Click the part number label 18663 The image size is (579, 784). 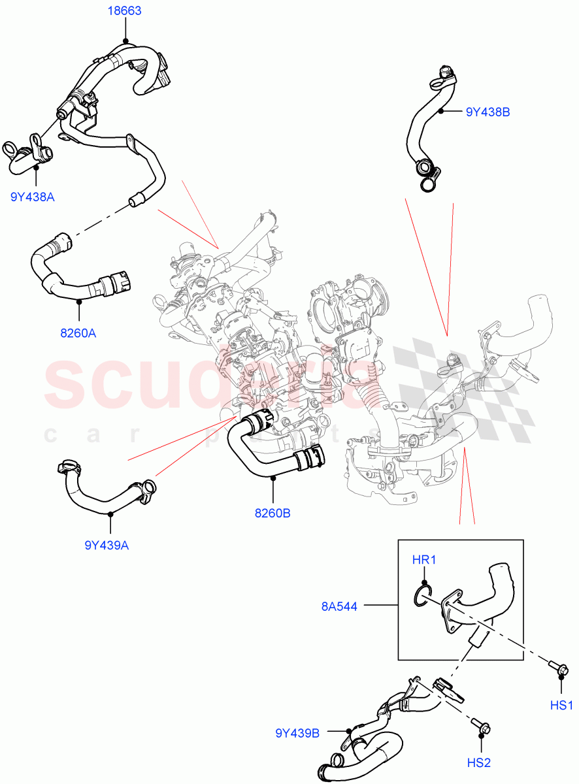coord(124,11)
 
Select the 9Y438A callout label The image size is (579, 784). coord(32,195)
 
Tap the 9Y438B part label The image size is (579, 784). coord(488,112)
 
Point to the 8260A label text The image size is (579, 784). coord(78,333)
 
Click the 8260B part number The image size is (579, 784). coord(273,513)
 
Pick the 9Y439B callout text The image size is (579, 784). coord(297,733)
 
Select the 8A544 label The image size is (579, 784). coord(339,606)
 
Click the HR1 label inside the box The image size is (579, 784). coord(423,560)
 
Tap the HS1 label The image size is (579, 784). coord(561,705)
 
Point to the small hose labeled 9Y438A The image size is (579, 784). coord(29,154)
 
